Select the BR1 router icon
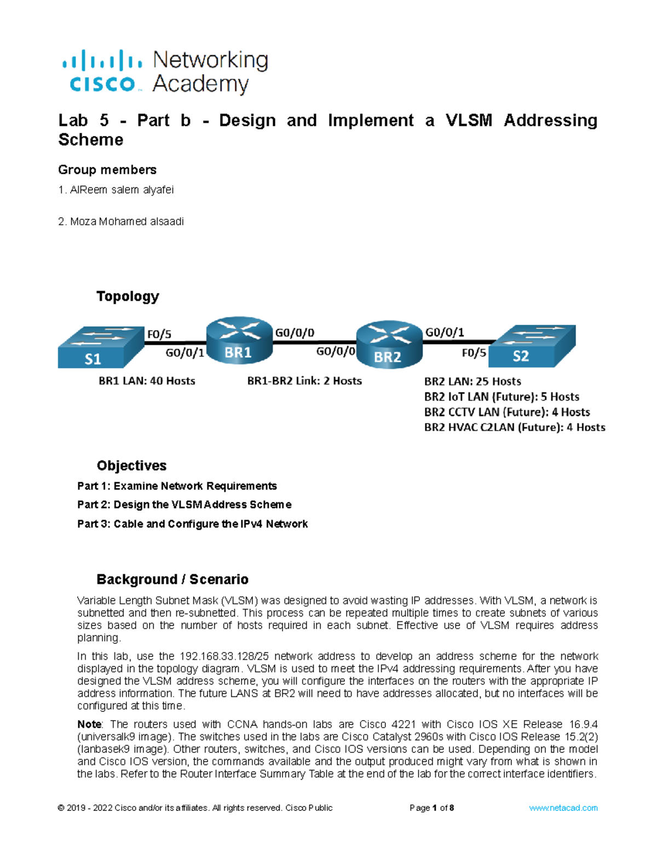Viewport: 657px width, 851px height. (x=239, y=340)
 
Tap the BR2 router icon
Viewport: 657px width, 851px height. (x=389, y=345)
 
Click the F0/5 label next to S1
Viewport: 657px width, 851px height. (x=159, y=334)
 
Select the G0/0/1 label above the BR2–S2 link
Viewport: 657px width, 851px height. (x=445, y=332)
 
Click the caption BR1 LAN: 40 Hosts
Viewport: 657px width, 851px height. (x=147, y=381)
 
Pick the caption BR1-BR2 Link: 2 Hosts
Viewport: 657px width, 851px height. (x=304, y=381)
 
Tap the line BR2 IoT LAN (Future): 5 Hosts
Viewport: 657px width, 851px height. (x=502, y=397)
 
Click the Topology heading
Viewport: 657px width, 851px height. (x=128, y=296)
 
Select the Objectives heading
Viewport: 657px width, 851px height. (x=131, y=466)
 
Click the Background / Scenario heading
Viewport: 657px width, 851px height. (x=172, y=580)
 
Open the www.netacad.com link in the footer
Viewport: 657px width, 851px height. (x=563, y=808)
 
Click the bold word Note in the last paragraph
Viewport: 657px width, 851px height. (x=89, y=724)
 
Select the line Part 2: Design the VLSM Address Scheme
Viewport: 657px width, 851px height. (x=184, y=505)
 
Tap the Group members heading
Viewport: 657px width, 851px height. (x=107, y=170)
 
